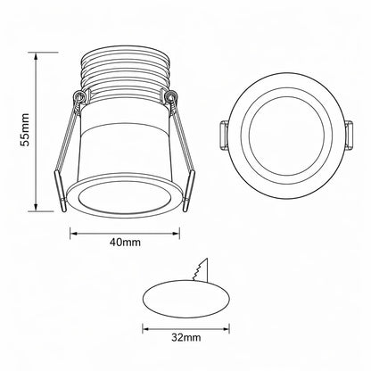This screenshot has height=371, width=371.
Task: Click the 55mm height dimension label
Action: coord(24,129)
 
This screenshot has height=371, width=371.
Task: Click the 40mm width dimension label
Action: coord(125,243)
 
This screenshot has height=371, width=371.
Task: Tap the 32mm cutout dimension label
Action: coord(185,337)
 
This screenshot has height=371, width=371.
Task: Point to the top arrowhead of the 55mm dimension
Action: coord(36,56)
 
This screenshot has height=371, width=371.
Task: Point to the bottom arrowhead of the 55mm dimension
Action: coord(36,208)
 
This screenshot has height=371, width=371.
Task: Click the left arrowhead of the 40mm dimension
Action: coord(74,234)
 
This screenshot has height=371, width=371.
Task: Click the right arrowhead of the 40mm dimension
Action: coord(176,234)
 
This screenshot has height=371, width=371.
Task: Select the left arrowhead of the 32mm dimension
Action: coord(146,329)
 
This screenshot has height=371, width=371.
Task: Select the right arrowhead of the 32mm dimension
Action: coord(226,329)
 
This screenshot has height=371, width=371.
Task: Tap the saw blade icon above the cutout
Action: coord(201,269)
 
